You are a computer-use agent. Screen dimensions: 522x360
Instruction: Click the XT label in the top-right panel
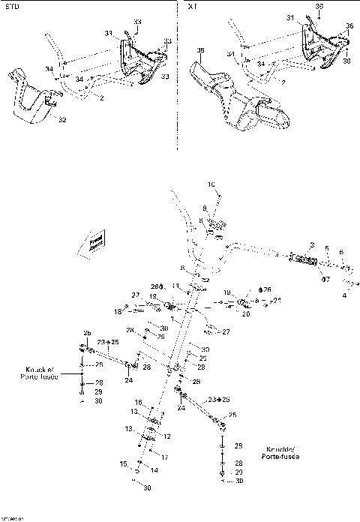(x=193, y=6)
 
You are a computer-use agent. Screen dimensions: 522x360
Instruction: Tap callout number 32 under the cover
(x=62, y=119)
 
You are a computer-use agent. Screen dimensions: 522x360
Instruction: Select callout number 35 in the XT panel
(x=200, y=50)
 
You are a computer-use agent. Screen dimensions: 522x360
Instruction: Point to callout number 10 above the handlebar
(x=211, y=183)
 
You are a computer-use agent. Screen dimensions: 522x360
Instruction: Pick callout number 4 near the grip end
(x=344, y=296)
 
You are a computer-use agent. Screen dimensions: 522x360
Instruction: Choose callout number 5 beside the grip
(x=326, y=249)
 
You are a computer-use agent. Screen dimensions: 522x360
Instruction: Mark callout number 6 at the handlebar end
(x=340, y=253)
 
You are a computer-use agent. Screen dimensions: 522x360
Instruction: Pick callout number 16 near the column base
(x=138, y=402)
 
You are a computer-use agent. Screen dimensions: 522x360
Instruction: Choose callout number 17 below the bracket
(x=164, y=457)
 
